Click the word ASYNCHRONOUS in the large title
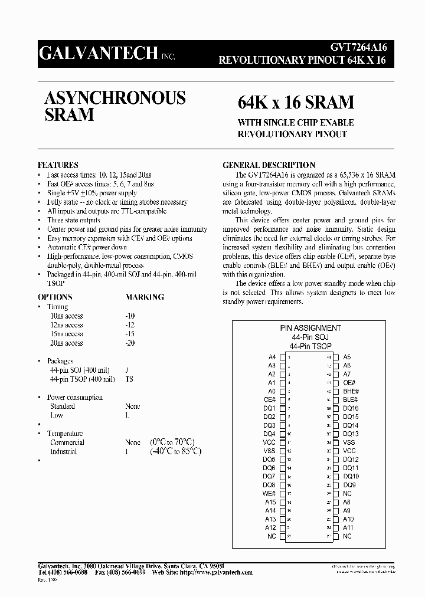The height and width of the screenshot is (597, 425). coord(115,97)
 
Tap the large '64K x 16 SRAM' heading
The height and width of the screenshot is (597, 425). coord(296,103)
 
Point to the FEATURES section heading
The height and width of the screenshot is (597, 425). coord(58,165)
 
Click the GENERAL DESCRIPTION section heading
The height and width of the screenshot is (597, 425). coord(268,165)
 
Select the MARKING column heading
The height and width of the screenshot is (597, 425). coord(145,297)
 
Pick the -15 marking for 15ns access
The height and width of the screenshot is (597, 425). coord(130,334)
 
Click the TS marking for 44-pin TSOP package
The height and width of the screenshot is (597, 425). coord(129,379)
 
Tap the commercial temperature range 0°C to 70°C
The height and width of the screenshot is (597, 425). coord(172,442)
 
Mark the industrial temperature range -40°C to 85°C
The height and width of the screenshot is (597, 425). coord(175,451)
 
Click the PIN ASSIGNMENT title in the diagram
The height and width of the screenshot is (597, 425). coord(310,328)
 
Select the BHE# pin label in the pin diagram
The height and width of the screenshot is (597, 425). coord(351,391)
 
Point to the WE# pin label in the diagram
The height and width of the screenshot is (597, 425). coord(269,493)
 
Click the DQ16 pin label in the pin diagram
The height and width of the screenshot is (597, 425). coord(351,408)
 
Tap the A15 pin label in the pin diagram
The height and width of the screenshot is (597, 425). coord(270,502)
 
